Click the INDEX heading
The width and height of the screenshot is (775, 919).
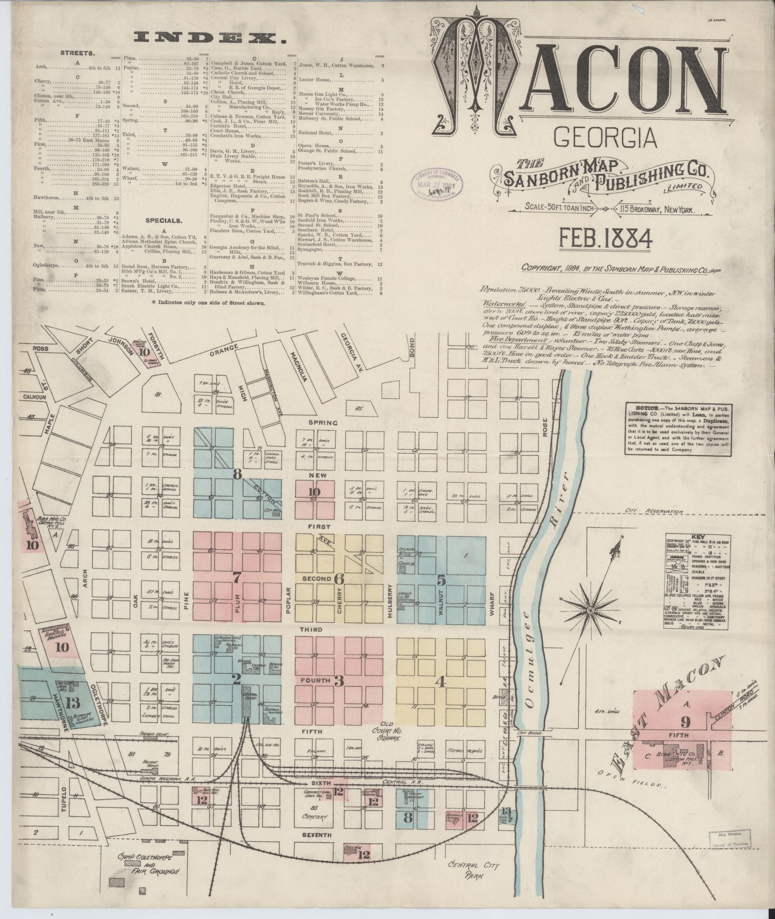tap(208, 38)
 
